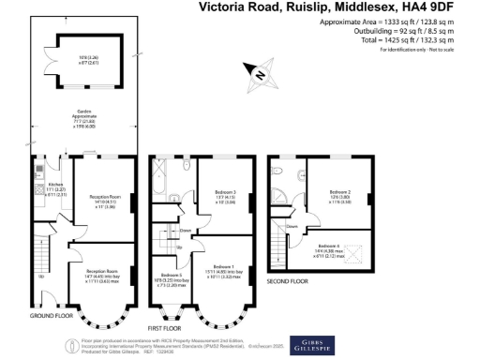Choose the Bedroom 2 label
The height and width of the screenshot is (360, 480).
pyautogui.click(x=339, y=193)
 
